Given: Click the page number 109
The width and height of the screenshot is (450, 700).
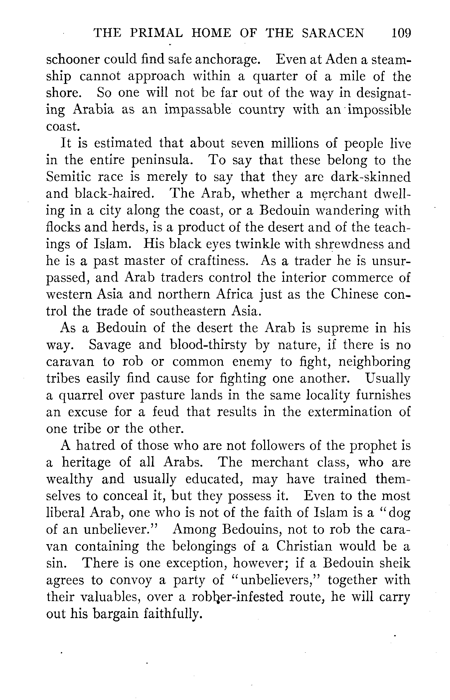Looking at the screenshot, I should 401,33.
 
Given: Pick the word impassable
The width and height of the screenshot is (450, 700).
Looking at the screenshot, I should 198,110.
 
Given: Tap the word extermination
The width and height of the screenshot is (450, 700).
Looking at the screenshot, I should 350,412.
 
